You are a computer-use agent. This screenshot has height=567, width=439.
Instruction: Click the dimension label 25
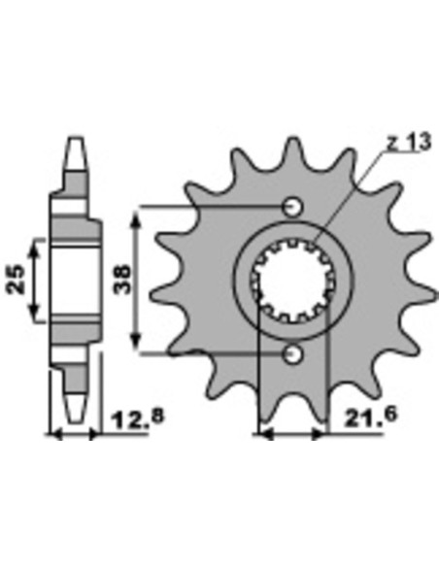16,281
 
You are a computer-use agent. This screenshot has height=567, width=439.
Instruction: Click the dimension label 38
121,280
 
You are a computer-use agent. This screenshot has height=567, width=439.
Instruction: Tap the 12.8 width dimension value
138,419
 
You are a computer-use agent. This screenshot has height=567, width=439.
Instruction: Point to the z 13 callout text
409,142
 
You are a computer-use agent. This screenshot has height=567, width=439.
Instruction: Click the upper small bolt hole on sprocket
292,208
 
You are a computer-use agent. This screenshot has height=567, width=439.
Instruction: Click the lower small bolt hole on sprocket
292,354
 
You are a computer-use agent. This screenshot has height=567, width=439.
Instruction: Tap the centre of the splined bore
292,281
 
